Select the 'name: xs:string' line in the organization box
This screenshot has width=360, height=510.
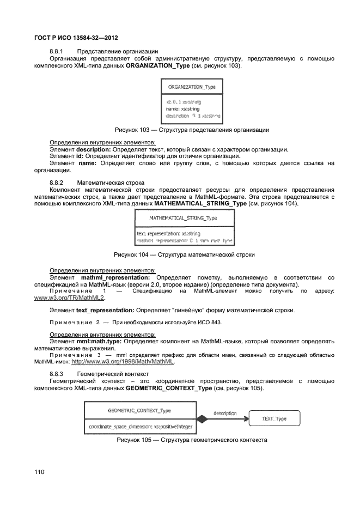click(184, 108)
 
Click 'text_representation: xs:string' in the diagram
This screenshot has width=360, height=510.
click(169, 233)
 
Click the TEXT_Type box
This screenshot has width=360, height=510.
click(274, 418)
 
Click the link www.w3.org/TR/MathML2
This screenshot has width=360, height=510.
click(69, 298)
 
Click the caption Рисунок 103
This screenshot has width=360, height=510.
click(191, 130)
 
